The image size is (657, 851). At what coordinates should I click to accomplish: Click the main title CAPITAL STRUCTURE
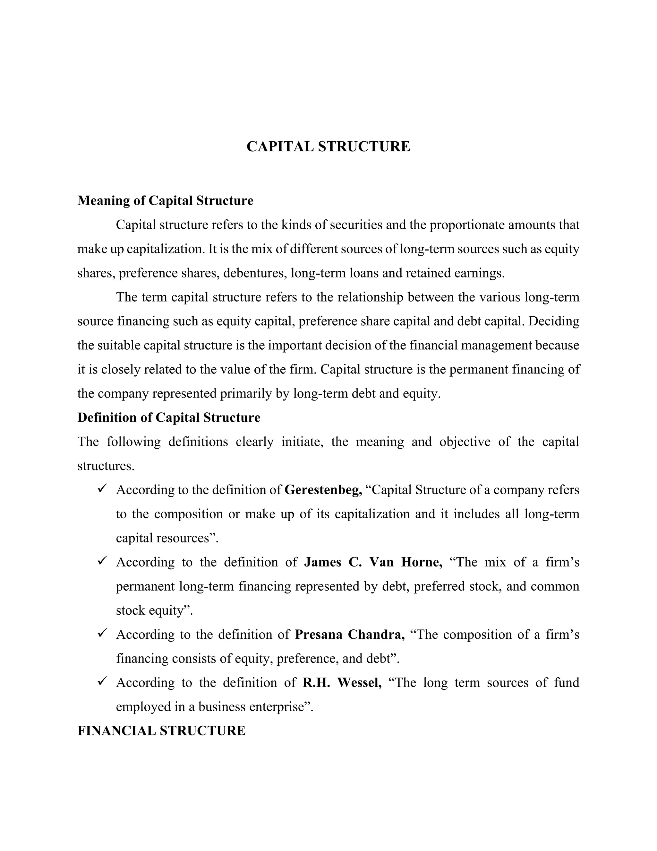328,147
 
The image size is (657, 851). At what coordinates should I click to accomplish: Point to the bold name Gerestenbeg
323,490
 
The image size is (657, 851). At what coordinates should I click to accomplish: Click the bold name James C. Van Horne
373,562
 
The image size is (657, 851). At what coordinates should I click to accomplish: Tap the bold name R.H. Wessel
342,683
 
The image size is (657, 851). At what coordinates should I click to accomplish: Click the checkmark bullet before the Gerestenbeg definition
102,489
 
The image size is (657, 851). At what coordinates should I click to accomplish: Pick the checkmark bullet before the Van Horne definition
102,561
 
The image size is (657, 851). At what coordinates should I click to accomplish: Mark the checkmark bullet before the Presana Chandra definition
102,634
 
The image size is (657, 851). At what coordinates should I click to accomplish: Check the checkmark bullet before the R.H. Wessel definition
102,681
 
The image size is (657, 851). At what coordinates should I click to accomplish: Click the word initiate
302,442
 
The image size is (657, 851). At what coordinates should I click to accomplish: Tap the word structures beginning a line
106,466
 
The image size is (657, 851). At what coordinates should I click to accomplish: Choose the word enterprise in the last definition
281,707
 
